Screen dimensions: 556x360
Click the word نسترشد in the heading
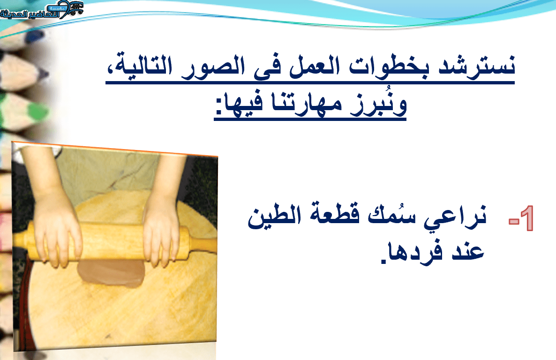click(x=476, y=66)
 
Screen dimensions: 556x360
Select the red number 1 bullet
click(x=525, y=218)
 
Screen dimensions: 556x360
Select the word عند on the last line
click(x=468, y=251)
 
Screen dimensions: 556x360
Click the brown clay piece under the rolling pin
click(x=112, y=273)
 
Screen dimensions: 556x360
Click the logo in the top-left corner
click(x=42, y=10)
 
